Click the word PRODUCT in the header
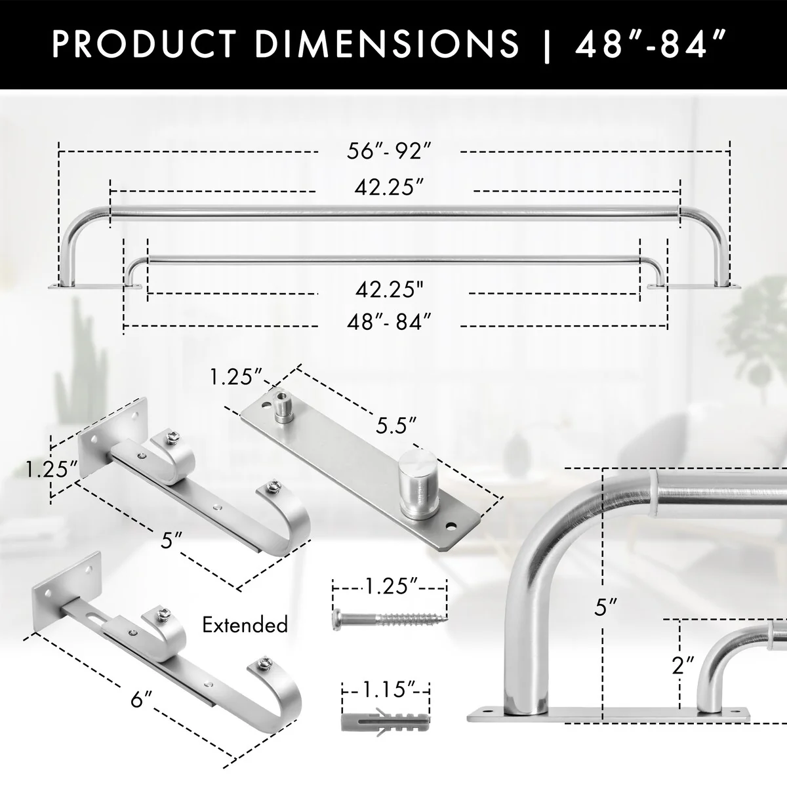(x=144, y=43)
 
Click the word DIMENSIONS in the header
(x=387, y=43)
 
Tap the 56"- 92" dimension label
(x=389, y=151)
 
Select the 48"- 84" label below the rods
(x=389, y=322)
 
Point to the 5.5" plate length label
(x=395, y=426)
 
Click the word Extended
(x=245, y=624)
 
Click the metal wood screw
(x=390, y=618)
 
